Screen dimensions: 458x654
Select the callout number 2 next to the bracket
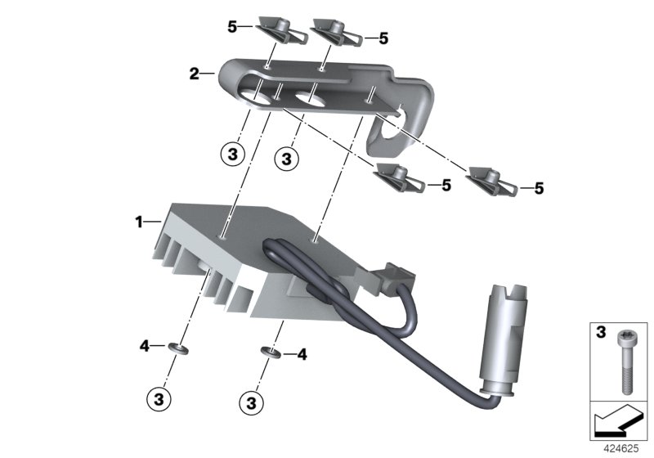click(x=194, y=74)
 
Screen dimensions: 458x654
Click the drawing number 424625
click(x=622, y=448)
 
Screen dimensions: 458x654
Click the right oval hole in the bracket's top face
click(x=310, y=101)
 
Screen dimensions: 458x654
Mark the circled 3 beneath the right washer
click(x=252, y=402)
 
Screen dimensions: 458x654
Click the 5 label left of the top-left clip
click(x=232, y=27)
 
